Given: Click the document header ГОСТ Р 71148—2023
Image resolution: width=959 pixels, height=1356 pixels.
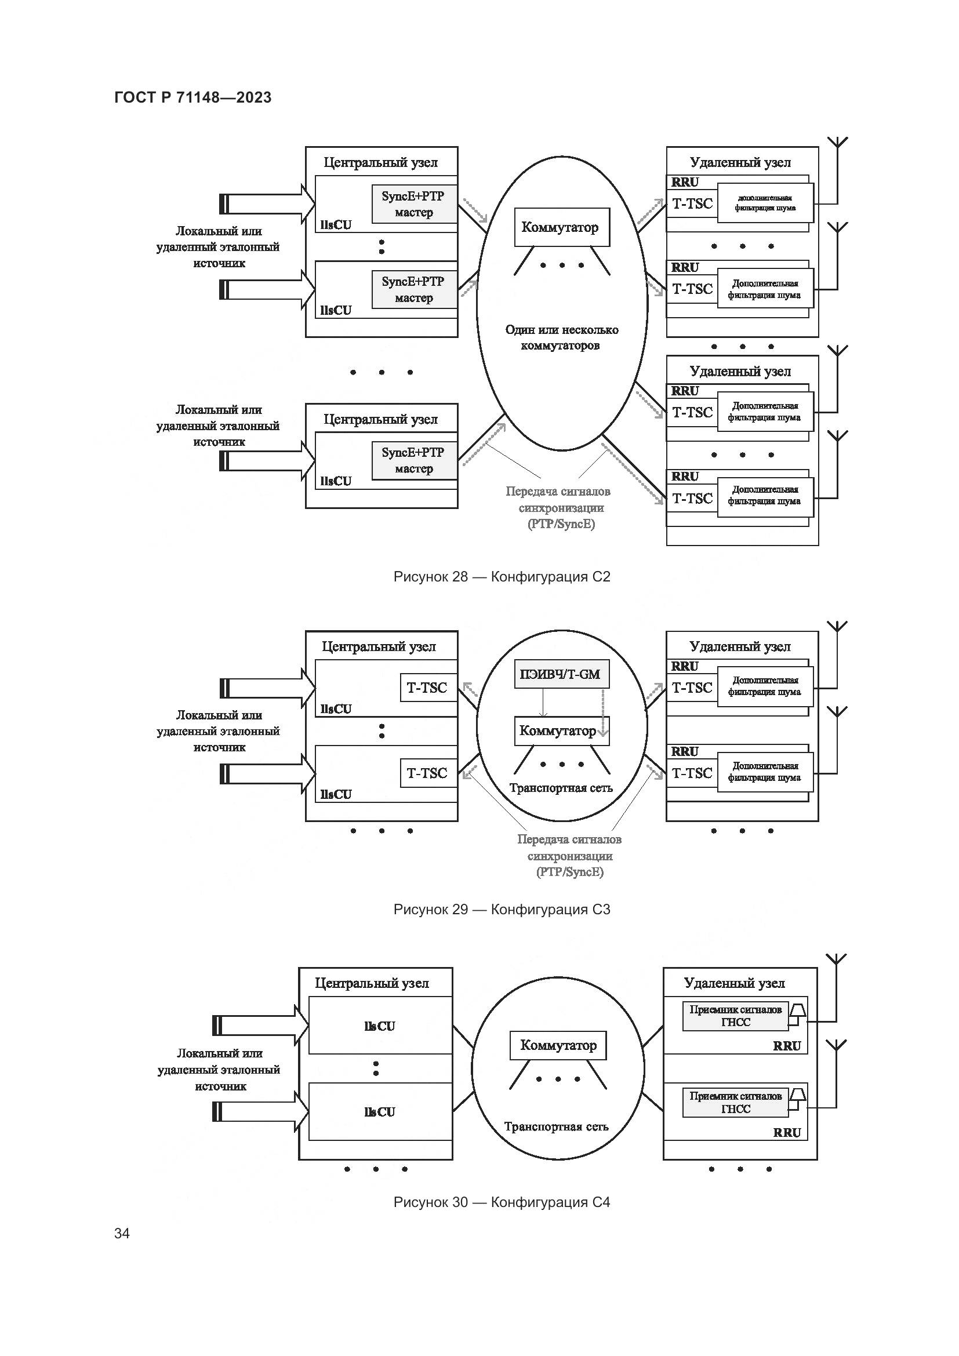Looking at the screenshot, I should (192, 97).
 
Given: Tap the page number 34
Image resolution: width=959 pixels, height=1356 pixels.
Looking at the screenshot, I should (122, 1233).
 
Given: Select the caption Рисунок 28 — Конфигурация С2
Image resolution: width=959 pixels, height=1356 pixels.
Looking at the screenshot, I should (502, 576).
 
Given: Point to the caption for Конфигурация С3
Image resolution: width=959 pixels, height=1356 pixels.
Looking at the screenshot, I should (502, 909).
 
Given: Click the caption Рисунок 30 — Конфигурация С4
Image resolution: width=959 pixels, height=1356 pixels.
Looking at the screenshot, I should (502, 1202).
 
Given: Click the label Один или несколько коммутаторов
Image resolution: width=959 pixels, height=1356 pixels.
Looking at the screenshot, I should (561, 337).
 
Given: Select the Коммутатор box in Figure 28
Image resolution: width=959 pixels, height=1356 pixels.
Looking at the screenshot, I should (561, 227).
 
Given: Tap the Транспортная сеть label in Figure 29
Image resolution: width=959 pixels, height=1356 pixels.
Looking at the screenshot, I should (561, 787).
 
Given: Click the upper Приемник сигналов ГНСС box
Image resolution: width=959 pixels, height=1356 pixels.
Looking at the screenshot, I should (735, 1016).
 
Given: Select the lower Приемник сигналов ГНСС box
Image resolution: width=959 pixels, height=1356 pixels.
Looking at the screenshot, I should (735, 1102).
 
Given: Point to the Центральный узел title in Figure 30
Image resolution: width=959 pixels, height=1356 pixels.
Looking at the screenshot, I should (372, 983).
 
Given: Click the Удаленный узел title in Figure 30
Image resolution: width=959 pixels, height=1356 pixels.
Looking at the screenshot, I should (734, 983).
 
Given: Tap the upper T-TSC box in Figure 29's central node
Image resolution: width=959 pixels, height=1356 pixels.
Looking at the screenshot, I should (427, 688).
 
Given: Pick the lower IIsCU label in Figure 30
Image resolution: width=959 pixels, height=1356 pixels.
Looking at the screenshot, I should (379, 1111).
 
